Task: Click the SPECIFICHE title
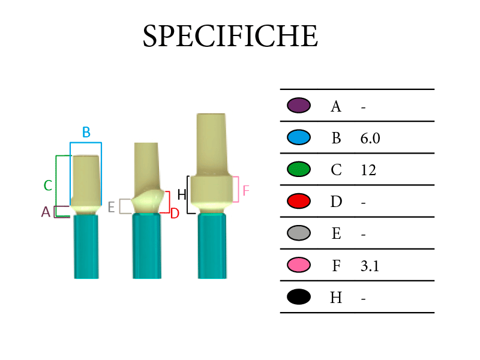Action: coord(230,36)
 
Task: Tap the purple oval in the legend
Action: coord(299,106)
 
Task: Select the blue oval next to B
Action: coord(299,137)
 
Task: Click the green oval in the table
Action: coord(299,169)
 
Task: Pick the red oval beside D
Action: coord(299,201)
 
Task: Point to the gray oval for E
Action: coord(299,233)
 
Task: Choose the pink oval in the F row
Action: coord(299,265)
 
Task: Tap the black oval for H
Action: coord(299,296)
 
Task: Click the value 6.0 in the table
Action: coord(370,139)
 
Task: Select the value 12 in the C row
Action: coord(368,170)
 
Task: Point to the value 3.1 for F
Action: coord(370,266)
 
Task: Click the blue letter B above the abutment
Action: coord(86,132)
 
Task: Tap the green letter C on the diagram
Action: coord(48,185)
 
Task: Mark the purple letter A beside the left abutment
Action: coord(46,212)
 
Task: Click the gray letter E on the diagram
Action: coord(112,207)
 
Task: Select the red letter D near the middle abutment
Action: coord(175,214)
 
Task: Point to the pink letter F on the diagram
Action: coord(246,191)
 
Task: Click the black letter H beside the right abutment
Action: coord(182,194)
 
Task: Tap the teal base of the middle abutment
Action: coord(147,246)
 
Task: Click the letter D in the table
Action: coord(336,202)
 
